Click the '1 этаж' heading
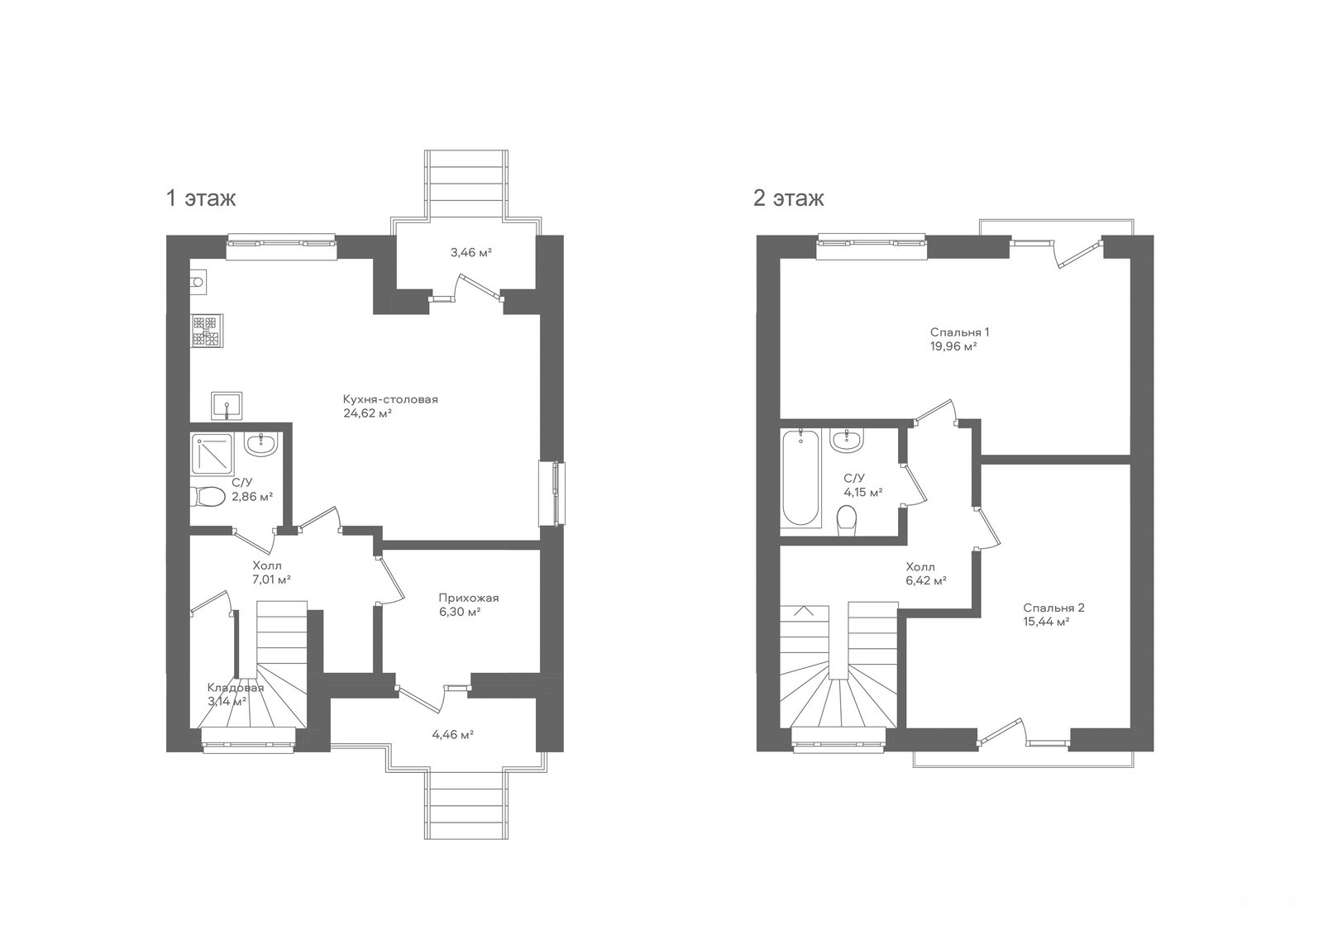click(x=201, y=198)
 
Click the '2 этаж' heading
click(x=789, y=198)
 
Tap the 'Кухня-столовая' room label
click(x=390, y=399)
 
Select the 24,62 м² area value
click(x=367, y=413)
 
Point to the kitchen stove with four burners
click(x=206, y=330)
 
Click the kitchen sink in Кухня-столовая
click(x=227, y=406)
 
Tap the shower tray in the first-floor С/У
click(x=212, y=453)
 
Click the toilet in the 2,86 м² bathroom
click(x=208, y=496)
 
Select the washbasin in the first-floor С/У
click(x=261, y=444)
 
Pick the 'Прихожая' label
click(x=468, y=598)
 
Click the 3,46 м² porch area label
click(x=470, y=253)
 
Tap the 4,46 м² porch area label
click(x=453, y=735)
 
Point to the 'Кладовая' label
click(x=235, y=688)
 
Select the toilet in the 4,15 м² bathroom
click(x=847, y=521)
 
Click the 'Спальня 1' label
click(x=959, y=332)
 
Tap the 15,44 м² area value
click(x=1047, y=622)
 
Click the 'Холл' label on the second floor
click(x=920, y=567)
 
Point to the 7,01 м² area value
click(x=271, y=580)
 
